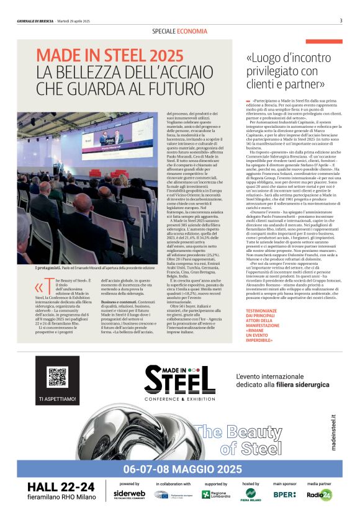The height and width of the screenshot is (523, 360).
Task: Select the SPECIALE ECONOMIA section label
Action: coord(179,31)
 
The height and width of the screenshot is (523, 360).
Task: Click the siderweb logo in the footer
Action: coord(129,494)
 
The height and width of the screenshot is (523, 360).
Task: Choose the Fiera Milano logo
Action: coord(250,494)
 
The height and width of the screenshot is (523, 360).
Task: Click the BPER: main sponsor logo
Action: coord(285,495)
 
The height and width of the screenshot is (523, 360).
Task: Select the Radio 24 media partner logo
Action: coord(320,495)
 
